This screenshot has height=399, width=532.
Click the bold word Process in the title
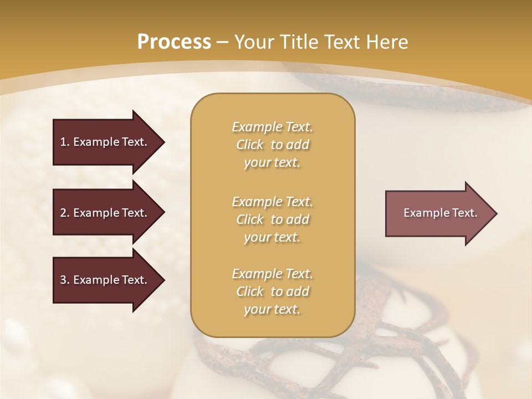[x=174, y=42]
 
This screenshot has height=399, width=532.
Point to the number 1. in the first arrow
[x=64, y=142]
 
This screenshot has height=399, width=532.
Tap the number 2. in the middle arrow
[x=64, y=213]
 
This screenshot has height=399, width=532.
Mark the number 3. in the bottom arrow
[x=64, y=280]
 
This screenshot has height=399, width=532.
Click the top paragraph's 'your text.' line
[x=272, y=163]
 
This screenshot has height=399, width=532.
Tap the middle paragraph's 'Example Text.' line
[x=272, y=202]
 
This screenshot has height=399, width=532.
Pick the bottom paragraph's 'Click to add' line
[x=272, y=291]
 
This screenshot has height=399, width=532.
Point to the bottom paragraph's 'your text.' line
[x=272, y=310]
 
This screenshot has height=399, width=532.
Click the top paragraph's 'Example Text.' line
[x=272, y=127]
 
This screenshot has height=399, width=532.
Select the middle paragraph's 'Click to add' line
[x=272, y=219]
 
